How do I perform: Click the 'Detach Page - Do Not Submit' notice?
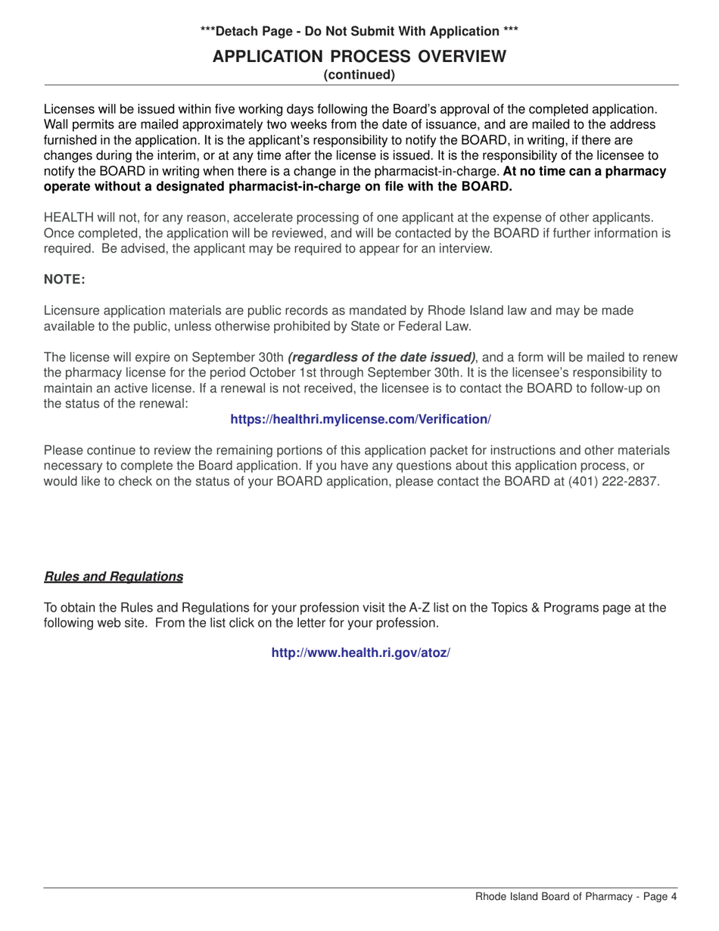359,31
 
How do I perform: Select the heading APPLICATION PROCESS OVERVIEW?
359,56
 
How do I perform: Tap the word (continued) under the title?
359,75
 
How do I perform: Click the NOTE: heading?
64,279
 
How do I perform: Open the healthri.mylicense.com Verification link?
360,419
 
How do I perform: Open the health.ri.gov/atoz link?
360,652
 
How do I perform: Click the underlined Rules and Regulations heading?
114,577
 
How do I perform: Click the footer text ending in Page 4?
575,897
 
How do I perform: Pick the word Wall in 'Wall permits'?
57,124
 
